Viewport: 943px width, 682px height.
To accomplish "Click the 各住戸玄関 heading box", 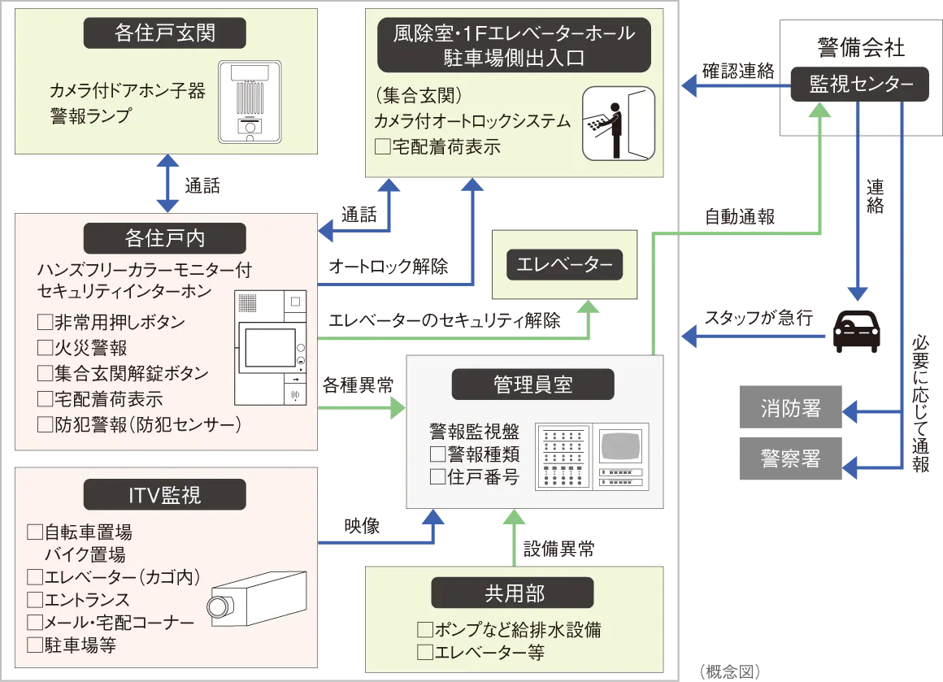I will (165, 35).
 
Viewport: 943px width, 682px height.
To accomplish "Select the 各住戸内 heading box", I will (165, 238).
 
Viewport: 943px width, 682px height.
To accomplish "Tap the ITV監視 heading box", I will (165, 494).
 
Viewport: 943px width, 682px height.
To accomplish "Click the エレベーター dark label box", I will (564, 264).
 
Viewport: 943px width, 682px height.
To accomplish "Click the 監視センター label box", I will (860, 85).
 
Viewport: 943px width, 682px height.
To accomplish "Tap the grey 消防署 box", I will (789, 407).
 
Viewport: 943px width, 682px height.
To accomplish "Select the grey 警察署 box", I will (789, 458).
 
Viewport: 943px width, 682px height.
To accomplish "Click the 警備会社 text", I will (860, 49).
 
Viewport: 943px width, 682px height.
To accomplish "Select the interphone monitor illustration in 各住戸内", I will (271, 347).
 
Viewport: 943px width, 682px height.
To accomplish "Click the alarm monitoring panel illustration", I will (591, 456).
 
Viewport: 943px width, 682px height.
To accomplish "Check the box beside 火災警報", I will (45, 348).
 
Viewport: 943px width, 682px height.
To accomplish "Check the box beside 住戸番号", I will (437, 476).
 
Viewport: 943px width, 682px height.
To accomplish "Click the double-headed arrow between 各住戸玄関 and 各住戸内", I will (167, 185).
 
